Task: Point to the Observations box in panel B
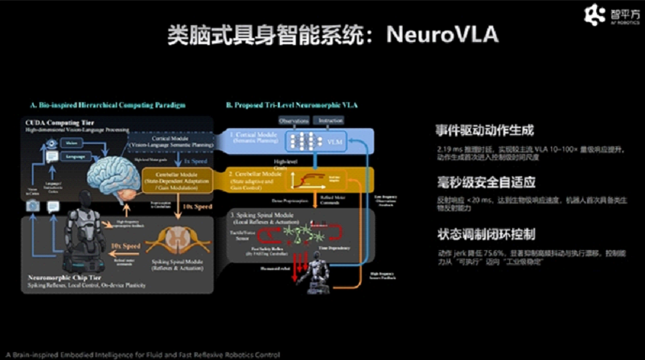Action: [294, 121]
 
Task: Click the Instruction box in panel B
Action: [331, 121]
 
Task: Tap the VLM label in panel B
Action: [335, 142]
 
